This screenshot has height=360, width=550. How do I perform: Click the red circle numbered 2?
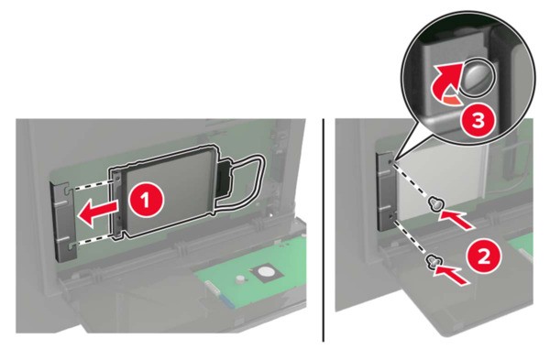coord(484,257)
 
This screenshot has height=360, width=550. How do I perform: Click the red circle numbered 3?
coord(478,121)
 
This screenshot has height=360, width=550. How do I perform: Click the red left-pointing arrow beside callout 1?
coord(97,214)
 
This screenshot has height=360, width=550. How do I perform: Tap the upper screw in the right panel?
coord(436,203)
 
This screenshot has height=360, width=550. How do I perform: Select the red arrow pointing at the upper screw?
coord(457,218)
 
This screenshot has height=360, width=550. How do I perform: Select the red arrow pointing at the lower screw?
coord(451,274)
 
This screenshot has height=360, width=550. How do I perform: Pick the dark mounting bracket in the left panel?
coord(64,221)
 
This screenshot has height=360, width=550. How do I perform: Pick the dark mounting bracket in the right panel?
coord(386,192)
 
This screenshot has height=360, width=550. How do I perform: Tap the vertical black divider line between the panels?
coord(324,230)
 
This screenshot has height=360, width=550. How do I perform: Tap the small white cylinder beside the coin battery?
coord(240,279)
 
